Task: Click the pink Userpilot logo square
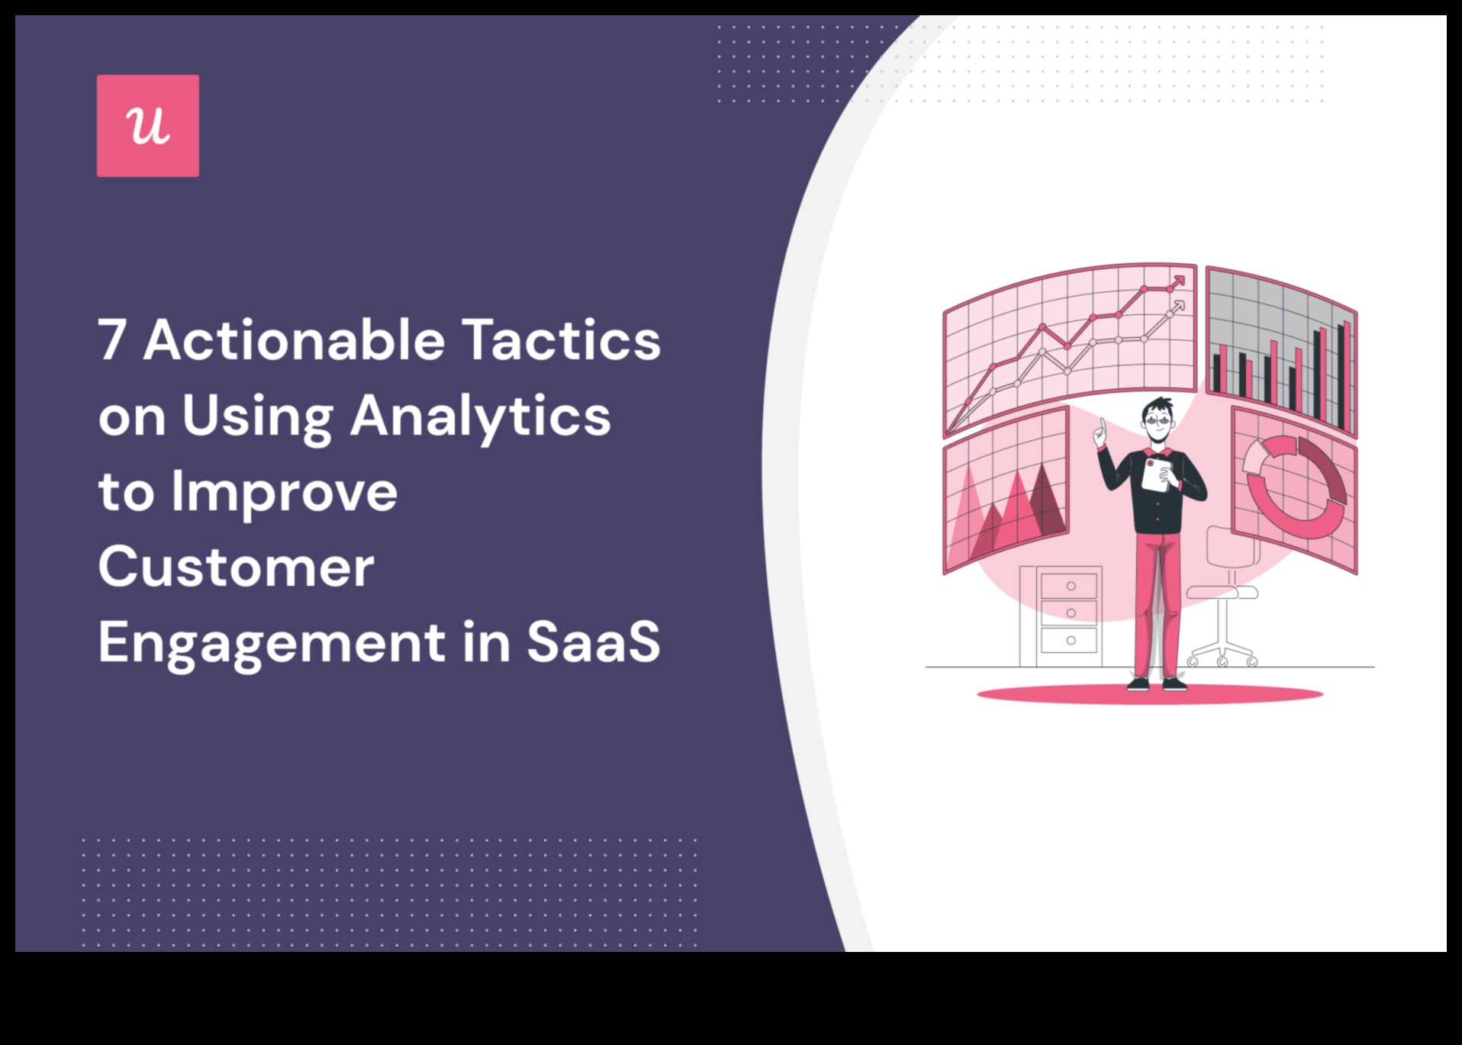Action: [148, 126]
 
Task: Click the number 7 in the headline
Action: [111, 340]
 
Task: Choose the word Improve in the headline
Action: [284, 494]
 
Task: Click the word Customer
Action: [237, 567]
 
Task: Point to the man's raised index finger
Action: [1102, 425]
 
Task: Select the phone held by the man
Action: [1156, 474]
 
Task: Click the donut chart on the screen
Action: [1295, 487]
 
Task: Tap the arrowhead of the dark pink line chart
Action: [1180, 281]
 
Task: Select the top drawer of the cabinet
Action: [1070, 586]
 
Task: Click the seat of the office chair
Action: [1222, 592]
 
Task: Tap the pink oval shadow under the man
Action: [1150, 694]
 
